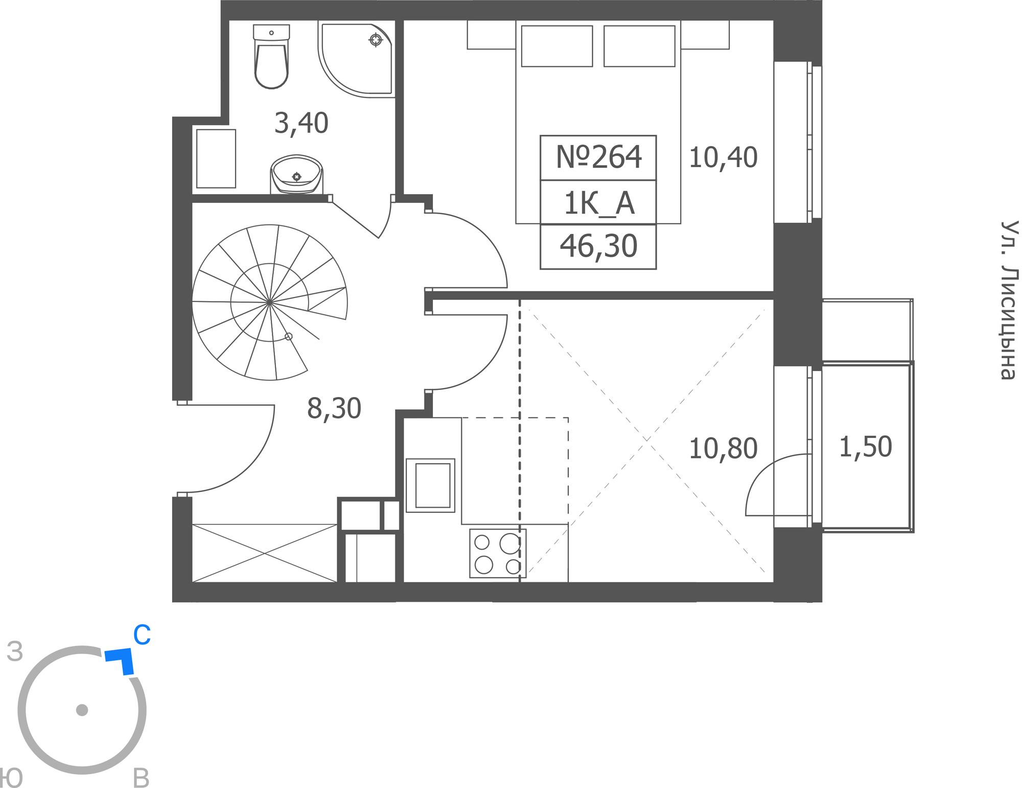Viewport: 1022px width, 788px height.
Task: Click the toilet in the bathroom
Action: [271, 56]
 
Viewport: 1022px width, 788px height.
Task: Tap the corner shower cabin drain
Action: [376, 39]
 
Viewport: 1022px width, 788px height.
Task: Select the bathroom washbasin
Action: [296, 174]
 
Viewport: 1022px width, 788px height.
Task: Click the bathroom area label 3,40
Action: [301, 124]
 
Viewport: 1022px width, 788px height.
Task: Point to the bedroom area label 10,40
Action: [723, 157]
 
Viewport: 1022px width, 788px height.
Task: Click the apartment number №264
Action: [598, 157]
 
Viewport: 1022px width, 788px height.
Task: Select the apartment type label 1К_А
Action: [599, 203]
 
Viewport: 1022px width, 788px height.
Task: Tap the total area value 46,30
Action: [598, 246]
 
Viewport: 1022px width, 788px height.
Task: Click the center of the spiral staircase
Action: [269, 303]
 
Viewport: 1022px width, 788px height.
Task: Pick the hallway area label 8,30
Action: [334, 408]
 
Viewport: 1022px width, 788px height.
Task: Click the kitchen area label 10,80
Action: [723, 449]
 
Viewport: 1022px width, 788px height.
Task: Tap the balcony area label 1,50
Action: [866, 447]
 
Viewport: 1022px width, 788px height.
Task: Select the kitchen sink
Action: [430, 485]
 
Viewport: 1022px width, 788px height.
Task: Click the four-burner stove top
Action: [498, 553]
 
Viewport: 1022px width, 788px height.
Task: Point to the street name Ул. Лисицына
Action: [1009, 300]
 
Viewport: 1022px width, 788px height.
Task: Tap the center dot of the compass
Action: [82, 710]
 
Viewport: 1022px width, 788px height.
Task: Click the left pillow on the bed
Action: [557, 46]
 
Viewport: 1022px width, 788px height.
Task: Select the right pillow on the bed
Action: [639, 46]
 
